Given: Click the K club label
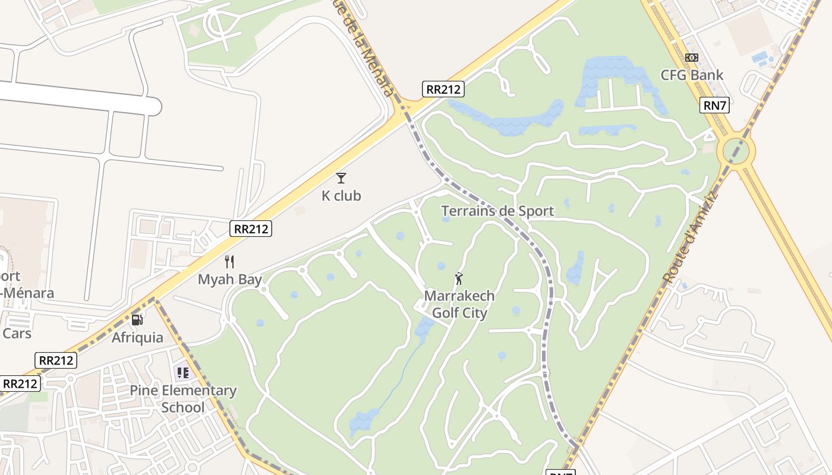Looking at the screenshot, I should point(341,195).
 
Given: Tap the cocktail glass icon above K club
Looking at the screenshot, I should point(341,178).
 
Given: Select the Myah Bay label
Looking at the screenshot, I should point(229,279).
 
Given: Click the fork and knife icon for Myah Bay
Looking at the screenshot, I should point(229,261).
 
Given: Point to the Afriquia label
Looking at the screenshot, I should point(137,337).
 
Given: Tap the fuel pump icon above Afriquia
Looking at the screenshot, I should point(137,320).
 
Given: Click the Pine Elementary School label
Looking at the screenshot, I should point(183,399).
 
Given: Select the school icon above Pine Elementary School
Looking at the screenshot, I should point(182,373).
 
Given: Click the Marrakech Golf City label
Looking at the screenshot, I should point(459,304).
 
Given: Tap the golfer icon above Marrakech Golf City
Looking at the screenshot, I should point(459,278).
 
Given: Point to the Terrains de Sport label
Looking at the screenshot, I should point(497,211).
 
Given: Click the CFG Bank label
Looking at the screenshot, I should point(692,75).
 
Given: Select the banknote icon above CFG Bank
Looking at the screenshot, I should point(691,58).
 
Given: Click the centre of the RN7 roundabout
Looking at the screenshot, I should point(736,151).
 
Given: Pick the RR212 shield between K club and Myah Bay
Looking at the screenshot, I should point(251,229).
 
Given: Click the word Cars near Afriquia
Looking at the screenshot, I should point(17,333).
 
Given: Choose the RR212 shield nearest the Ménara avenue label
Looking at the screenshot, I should point(443,90).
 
